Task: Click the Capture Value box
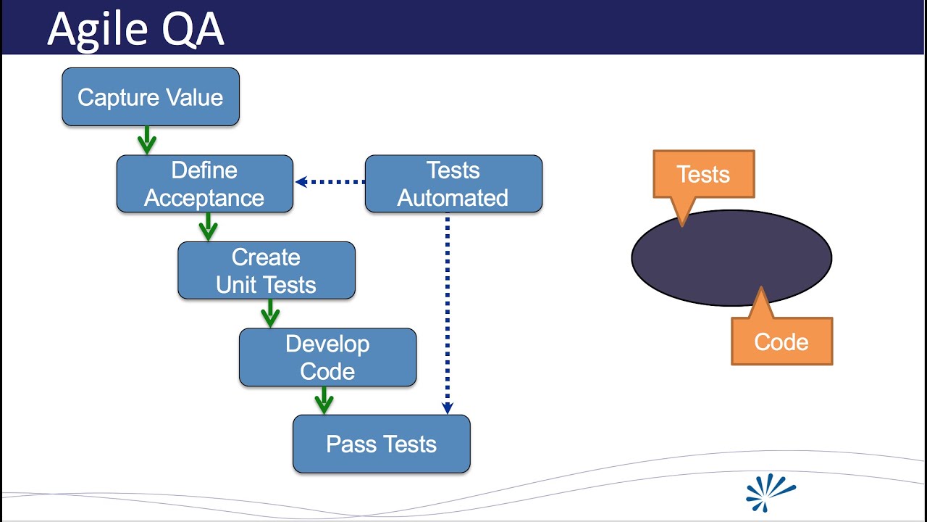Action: tap(151, 97)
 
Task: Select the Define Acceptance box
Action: tap(205, 183)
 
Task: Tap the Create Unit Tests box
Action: tap(267, 270)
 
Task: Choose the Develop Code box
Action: tap(328, 357)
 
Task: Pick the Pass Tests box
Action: tap(382, 444)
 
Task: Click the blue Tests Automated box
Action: tap(453, 183)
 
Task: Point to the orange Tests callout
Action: tap(703, 174)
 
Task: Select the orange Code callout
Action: tap(781, 341)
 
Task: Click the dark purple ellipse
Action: tap(731, 257)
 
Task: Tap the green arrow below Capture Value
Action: tap(147, 140)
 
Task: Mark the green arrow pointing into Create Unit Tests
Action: tap(208, 227)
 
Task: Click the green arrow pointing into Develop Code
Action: tap(270, 313)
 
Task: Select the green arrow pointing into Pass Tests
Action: tap(324, 399)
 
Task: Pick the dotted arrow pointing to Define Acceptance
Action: tap(330, 182)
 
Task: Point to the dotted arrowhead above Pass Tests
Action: tap(447, 408)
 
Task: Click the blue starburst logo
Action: tap(770, 492)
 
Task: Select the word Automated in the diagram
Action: tap(453, 198)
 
